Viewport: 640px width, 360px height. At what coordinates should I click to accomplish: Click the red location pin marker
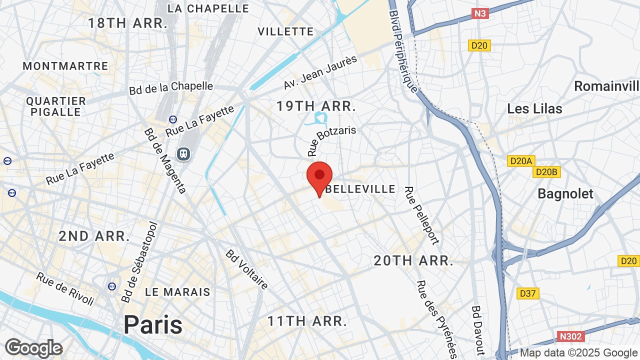coord(319,176)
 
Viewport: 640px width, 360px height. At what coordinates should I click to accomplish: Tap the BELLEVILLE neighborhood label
coord(360,189)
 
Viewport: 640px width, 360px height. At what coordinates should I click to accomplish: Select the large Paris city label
coord(153,324)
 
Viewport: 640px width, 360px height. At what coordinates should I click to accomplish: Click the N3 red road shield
coord(480,13)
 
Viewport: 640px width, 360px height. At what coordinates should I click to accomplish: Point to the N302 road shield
coord(570,336)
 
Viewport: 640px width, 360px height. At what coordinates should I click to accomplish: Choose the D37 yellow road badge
coord(527,293)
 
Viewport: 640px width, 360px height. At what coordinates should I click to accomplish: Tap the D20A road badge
coord(521,161)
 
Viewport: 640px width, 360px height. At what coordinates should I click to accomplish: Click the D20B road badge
coord(546,172)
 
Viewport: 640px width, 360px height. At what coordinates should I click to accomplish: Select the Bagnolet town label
coord(565,194)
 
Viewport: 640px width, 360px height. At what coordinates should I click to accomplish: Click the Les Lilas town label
coord(534,109)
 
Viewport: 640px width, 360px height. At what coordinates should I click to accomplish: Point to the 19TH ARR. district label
coord(316,106)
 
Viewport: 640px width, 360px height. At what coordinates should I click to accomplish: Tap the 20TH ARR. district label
coord(413,260)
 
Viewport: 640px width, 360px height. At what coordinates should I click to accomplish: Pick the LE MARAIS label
coord(177,292)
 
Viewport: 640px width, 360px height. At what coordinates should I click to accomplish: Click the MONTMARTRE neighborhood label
coord(65,66)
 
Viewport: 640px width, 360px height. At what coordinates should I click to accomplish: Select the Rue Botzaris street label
coord(331,141)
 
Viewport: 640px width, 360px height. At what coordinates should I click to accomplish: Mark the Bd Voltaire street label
coord(247,269)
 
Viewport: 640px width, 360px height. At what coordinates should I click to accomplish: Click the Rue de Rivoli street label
coord(65,289)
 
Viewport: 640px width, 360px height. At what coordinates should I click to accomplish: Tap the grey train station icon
coord(183,153)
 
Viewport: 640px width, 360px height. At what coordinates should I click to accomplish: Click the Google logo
coord(33,348)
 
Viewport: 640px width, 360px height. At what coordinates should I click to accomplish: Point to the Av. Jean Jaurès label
coord(320,72)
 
